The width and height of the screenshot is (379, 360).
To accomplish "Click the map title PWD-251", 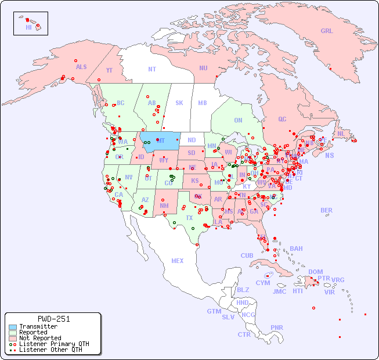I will pos(53,319).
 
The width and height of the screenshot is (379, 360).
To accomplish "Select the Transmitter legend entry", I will pos(38,327).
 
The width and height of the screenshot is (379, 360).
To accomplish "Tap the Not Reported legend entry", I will pos(39,338).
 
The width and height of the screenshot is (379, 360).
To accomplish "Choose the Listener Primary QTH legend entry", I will pos(53,344).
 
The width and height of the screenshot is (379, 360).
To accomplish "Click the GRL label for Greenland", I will pos(327,31).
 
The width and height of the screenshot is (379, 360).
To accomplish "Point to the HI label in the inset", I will pos(28,27).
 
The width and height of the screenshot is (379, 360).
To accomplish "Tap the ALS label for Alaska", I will pos(81,67).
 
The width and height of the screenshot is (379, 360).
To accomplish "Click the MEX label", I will pos(178,261).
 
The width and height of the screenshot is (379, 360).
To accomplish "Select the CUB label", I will pos(247,255).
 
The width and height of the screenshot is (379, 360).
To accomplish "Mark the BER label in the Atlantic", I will pos(326,210).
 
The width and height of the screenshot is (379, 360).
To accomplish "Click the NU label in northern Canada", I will pos(203,68).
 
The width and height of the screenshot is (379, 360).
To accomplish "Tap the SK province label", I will pos(179,103).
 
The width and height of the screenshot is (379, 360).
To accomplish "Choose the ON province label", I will pos(238,120).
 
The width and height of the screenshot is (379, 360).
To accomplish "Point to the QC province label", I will pos(282,119).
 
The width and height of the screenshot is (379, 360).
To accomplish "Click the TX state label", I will pos(189,218).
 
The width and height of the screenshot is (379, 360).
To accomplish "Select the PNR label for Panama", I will pos(277,327).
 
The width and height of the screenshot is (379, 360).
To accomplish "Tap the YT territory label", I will pos(109,70).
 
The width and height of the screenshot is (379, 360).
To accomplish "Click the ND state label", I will pos(192,140).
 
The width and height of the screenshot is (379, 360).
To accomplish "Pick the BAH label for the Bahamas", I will pos(296,249).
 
